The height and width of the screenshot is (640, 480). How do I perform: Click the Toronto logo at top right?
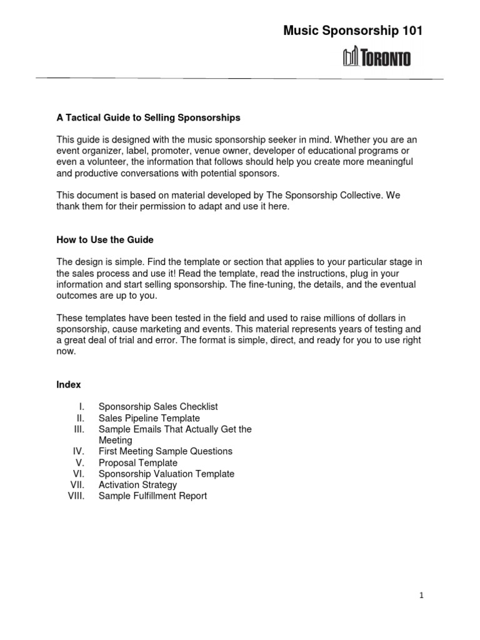coord(377,58)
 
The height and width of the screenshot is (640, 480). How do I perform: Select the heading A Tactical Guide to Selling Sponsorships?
coord(148,117)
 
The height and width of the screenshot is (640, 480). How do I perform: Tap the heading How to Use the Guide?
coord(104,239)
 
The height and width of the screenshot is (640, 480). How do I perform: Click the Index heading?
coord(69,384)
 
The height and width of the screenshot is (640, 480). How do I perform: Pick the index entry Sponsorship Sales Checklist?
coord(158,407)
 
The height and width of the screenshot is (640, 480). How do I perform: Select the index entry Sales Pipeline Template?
coord(149,418)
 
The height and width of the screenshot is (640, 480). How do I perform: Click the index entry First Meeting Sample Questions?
coord(165,451)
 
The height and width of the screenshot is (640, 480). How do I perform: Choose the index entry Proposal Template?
coord(138,462)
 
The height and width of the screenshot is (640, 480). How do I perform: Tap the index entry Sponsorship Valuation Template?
coord(166,474)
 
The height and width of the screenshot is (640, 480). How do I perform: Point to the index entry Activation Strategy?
coord(137,485)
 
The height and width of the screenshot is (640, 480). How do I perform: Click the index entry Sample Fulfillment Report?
coord(152,496)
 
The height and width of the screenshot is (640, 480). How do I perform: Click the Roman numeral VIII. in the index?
coord(79,496)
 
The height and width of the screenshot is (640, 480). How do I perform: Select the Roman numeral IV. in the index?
coord(82,451)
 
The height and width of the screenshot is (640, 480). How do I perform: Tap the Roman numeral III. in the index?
coord(83,429)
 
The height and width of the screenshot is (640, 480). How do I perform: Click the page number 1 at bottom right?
coord(422,596)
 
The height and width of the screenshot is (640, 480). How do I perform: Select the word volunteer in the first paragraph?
coord(102,162)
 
